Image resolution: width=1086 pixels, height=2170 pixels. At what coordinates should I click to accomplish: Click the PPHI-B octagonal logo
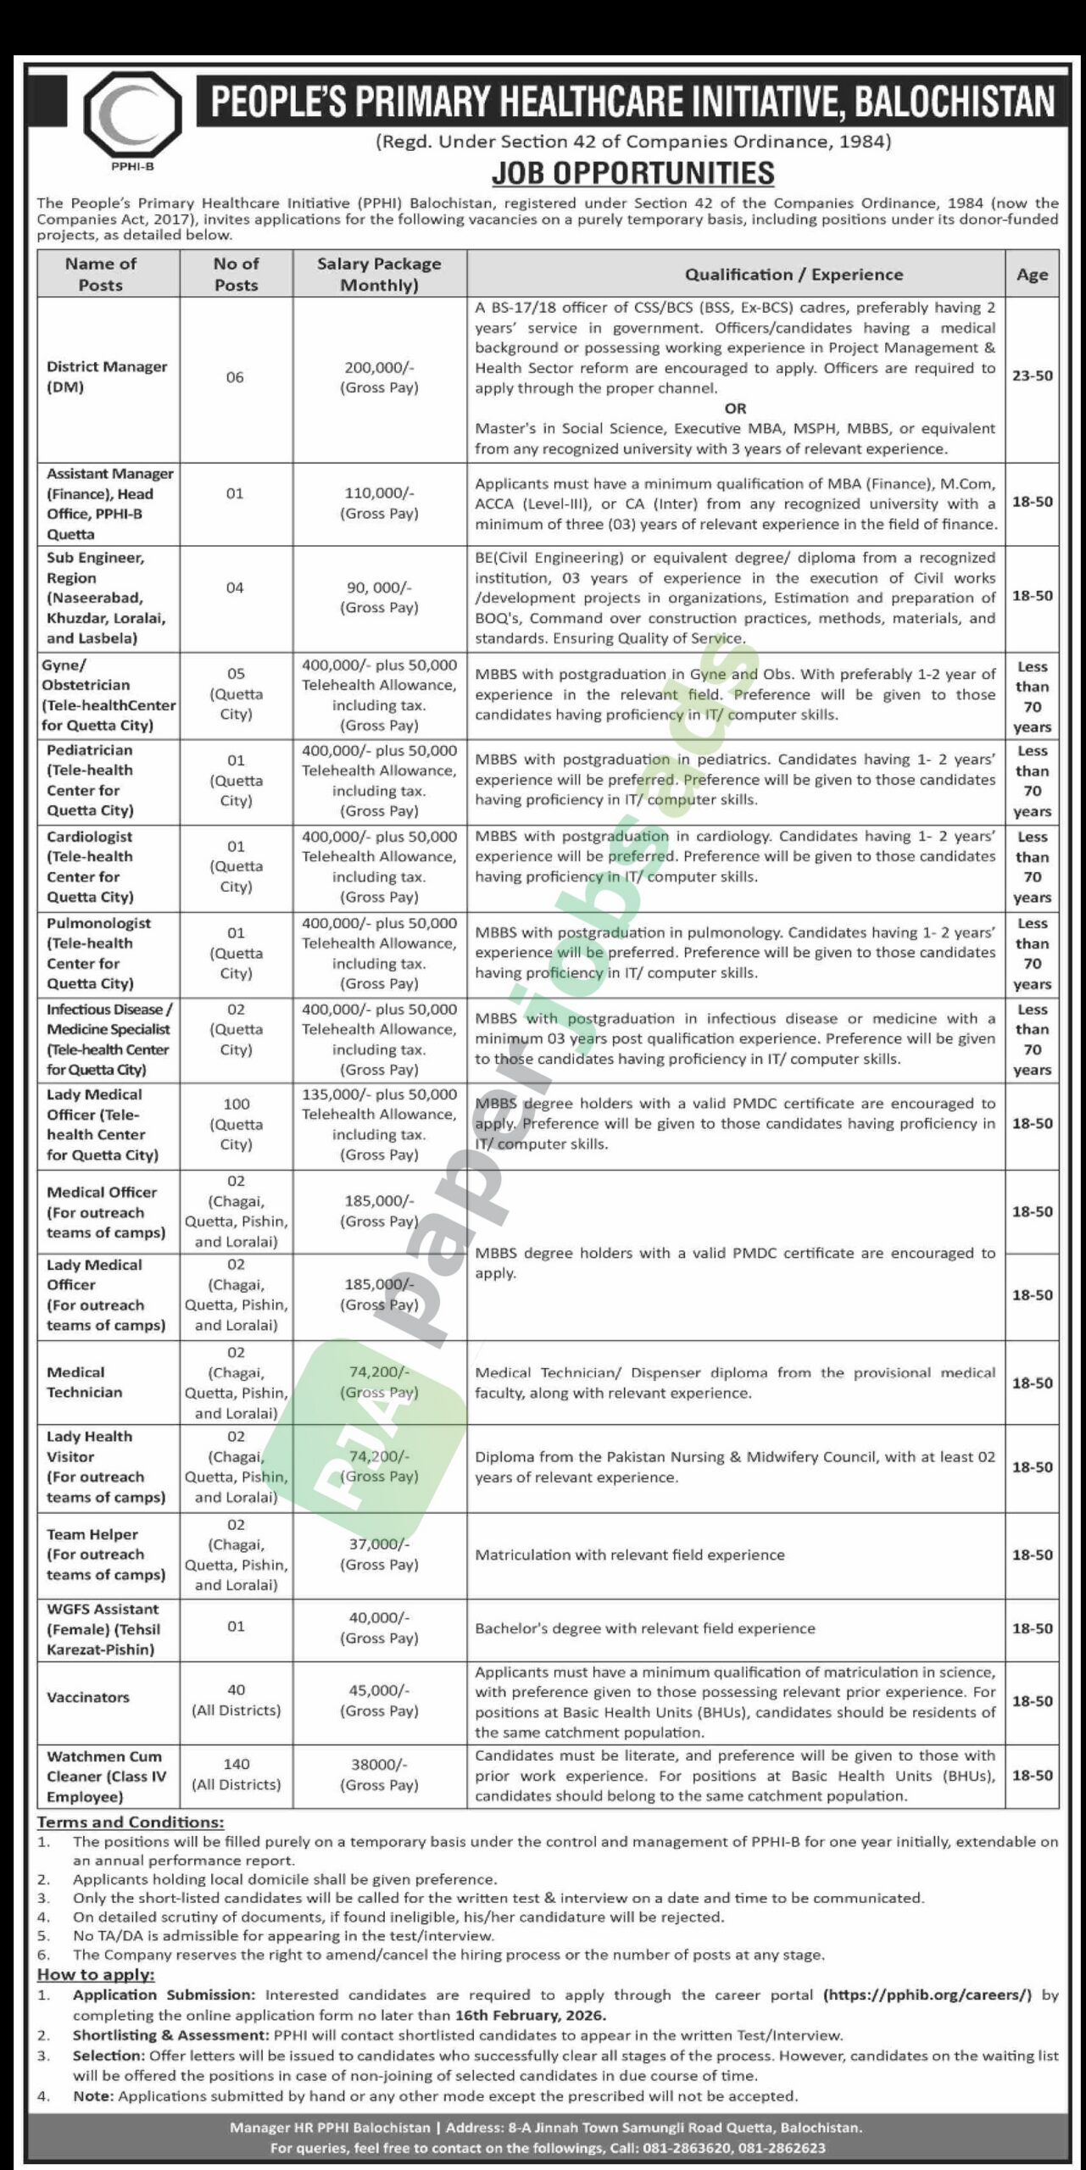(132, 114)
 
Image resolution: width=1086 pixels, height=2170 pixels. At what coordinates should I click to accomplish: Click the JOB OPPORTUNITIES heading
(633, 173)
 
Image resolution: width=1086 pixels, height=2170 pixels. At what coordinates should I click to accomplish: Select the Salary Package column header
(379, 274)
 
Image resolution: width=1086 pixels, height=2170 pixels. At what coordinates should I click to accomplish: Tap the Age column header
(1032, 274)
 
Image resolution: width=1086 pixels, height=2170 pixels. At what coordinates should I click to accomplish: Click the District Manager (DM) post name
(107, 377)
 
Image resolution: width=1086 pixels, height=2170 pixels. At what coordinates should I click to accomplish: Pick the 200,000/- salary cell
(379, 377)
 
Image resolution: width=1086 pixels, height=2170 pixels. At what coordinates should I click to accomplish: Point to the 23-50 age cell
(1032, 376)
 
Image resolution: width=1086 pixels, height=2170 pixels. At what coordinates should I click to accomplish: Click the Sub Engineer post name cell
(105, 598)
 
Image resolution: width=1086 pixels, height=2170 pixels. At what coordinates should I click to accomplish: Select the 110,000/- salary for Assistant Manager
(379, 503)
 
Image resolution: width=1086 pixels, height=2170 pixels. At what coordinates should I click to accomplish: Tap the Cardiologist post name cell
(90, 866)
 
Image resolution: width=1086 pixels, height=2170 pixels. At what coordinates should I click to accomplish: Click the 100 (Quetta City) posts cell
(236, 1124)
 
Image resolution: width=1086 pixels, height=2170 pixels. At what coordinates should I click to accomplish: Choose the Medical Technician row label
(84, 1382)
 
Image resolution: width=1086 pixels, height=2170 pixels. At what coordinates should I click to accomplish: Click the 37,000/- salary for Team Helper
(379, 1554)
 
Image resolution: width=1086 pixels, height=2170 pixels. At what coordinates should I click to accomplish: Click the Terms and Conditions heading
(131, 1822)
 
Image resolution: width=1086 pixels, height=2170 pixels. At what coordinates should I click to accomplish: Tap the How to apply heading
(96, 1974)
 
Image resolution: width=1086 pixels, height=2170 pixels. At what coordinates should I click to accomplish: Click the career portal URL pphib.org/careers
(927, 1995)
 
